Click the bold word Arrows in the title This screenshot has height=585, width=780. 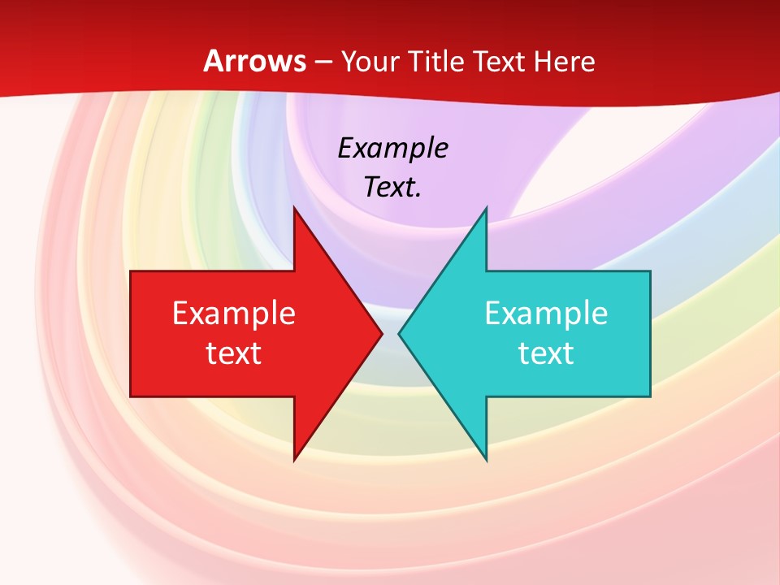254,61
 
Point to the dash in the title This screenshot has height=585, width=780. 323,63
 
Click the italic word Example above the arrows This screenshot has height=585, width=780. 392,148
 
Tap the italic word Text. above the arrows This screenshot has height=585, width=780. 392,187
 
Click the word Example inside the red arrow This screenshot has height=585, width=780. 234,313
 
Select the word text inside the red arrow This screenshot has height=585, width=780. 234,353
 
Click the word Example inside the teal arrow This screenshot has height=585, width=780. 546,313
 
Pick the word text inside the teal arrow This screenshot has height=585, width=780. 546,353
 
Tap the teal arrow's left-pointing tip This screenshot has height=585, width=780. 399,333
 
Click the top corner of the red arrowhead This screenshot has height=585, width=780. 294,207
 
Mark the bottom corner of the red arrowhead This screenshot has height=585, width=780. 294,460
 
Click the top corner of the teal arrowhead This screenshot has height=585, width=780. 486,207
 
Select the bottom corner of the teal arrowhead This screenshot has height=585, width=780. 486,460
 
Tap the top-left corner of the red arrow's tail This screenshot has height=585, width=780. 131,271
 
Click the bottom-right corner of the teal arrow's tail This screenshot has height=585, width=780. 650,396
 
